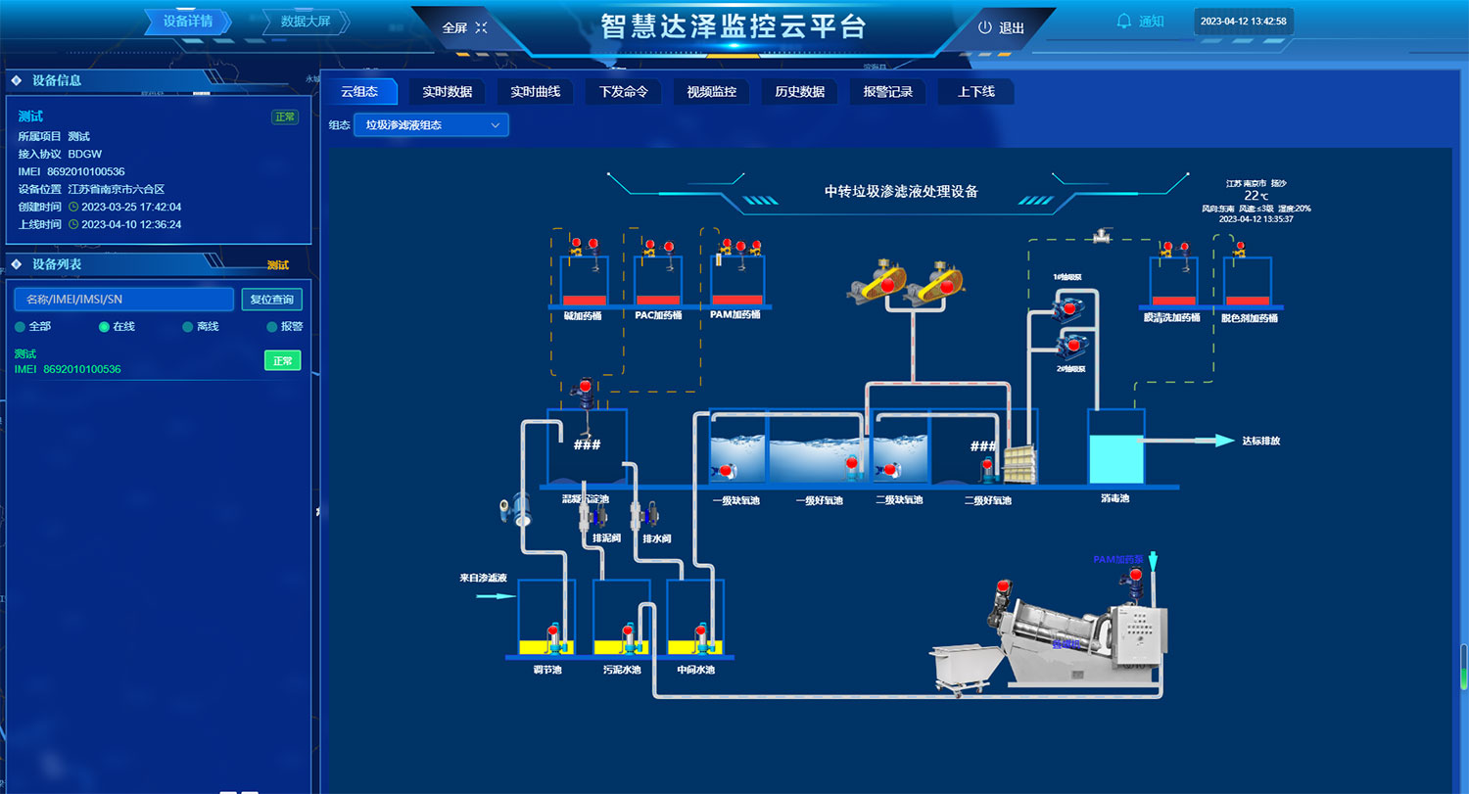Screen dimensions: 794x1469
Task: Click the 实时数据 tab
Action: coord(447,92)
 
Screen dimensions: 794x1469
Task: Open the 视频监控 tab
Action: coord(711,92)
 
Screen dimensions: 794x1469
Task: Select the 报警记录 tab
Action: coord(887,92)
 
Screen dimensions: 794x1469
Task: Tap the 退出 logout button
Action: coord(1001,28)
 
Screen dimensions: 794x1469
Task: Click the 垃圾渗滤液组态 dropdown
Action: coord(431,125)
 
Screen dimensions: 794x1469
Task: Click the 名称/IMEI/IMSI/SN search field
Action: coord(124,300)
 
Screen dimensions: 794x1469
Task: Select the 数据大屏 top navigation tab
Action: coord(306,22)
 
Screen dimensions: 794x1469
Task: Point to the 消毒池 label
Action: coord(1114,499)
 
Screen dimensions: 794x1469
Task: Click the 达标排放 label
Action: coord(1260,442)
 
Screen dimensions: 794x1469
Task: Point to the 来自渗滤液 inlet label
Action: coord(483,579)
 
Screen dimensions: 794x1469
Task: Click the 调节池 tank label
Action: coord(547,671)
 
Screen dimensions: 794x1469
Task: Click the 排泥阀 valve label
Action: coord(605,538)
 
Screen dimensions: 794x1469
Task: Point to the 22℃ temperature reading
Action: coord(1257,196)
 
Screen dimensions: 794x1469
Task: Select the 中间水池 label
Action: coord(695,671)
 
